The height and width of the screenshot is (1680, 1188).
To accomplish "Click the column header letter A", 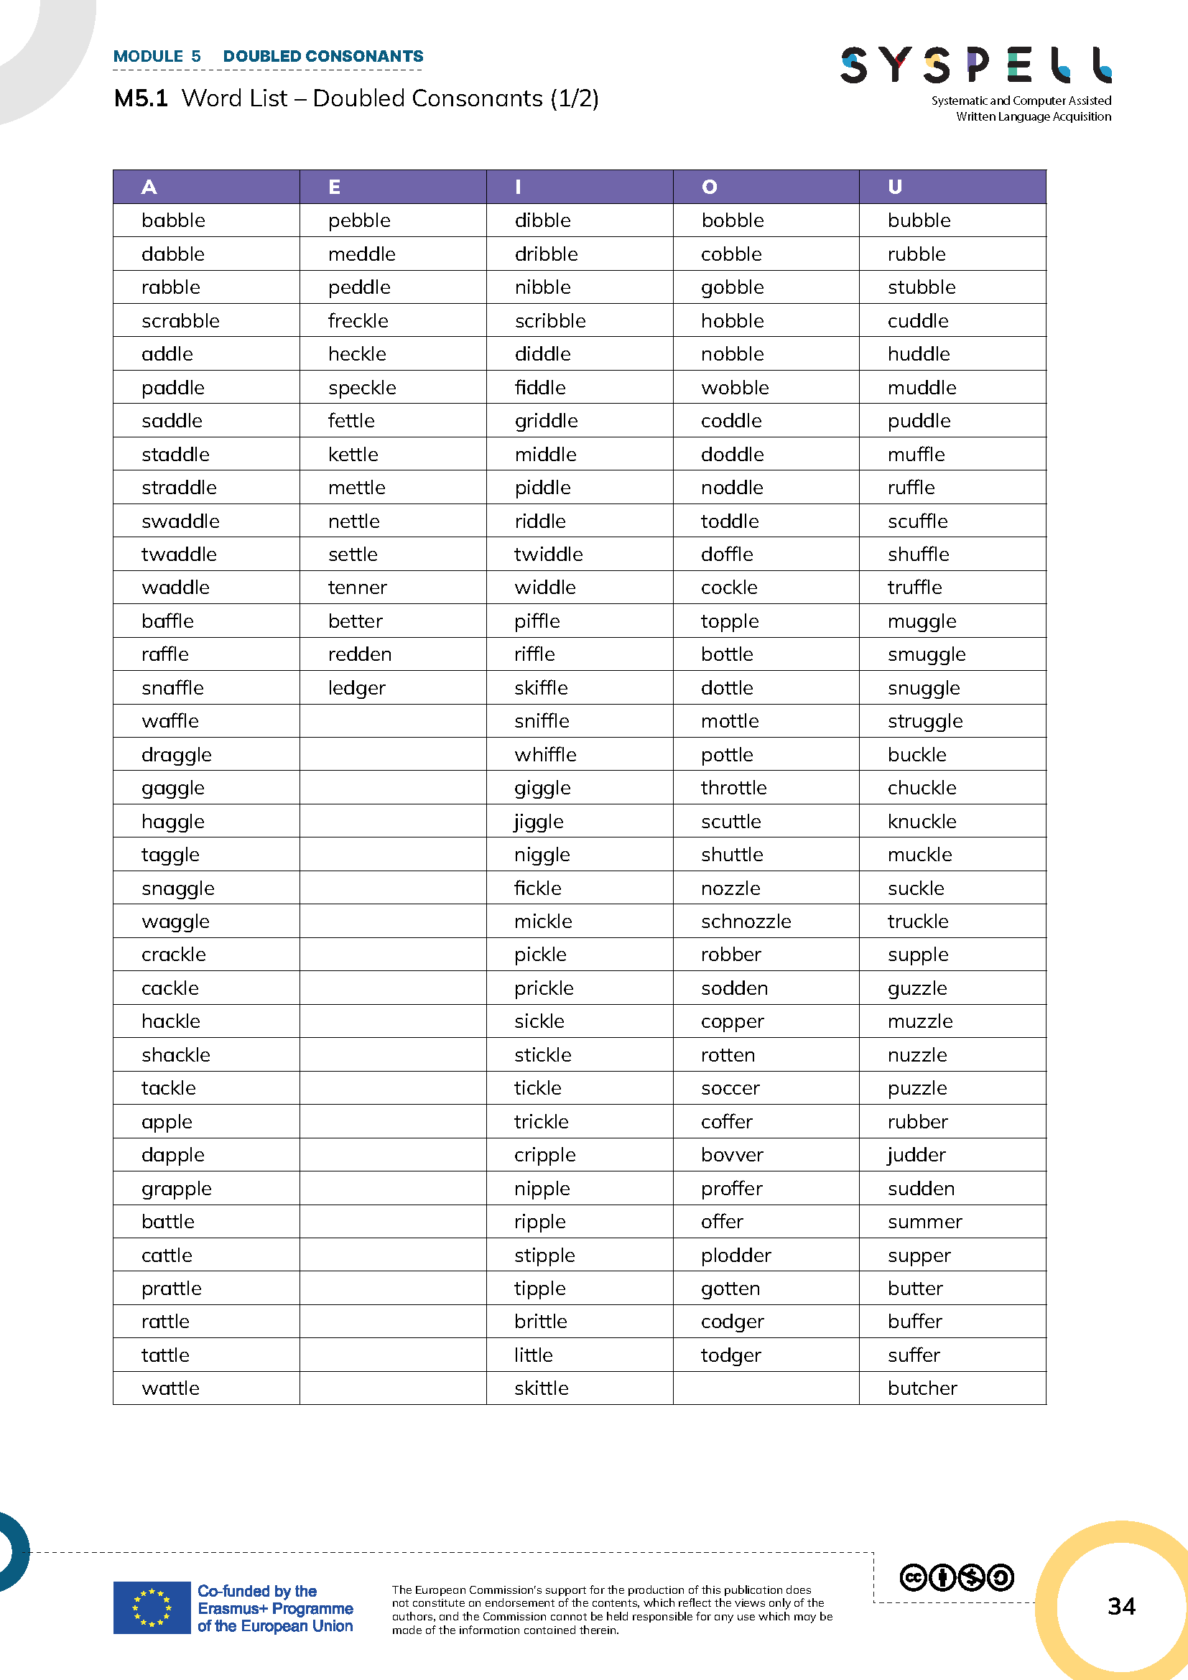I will [149, 187].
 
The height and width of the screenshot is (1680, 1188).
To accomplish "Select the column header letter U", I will [895, 187].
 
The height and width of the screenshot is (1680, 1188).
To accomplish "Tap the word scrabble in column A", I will [181, 321].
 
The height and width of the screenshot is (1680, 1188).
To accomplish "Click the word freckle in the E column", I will [358, 321].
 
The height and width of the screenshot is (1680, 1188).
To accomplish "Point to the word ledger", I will [356, 689].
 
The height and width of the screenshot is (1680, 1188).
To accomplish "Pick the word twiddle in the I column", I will [548, 554].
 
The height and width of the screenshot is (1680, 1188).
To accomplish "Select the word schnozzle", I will [746, 922].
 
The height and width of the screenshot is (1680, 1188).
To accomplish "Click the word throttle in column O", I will [734, 788].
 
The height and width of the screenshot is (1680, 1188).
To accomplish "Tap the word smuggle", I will [926, 655].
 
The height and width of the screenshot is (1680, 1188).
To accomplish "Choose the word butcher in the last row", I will [922, 1388].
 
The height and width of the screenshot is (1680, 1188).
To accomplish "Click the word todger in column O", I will [730, 1355].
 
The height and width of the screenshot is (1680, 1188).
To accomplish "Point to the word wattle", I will [170, 1388].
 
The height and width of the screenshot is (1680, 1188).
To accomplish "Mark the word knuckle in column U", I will [922, 822].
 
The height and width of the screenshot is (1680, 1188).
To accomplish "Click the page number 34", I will [1120, 1606].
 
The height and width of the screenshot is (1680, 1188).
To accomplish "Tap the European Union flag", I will [152, 1607].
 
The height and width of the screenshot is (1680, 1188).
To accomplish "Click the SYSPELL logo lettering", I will [976, 65].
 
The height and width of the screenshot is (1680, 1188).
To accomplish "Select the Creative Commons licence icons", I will [956, 1577].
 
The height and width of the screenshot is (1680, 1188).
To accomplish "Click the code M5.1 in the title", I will [141, 99].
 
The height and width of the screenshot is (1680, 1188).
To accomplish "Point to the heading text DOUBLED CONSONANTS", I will [322, 56].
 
